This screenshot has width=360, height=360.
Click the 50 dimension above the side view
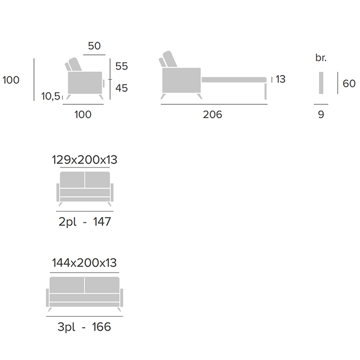click(94, 46)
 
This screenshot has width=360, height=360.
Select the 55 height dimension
click(121, 66)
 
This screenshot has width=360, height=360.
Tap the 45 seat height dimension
click(121, 88)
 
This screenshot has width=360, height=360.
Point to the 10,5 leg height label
click(51, 96)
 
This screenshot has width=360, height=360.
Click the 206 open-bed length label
click(212, 114)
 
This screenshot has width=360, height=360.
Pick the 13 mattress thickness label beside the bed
click(280, 79)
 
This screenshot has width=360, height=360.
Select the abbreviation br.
click(321, 58)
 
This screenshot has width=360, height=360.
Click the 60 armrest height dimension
click(349, 83)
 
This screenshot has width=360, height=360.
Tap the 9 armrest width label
click(321, 114)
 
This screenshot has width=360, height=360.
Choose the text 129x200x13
click(84, 160)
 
